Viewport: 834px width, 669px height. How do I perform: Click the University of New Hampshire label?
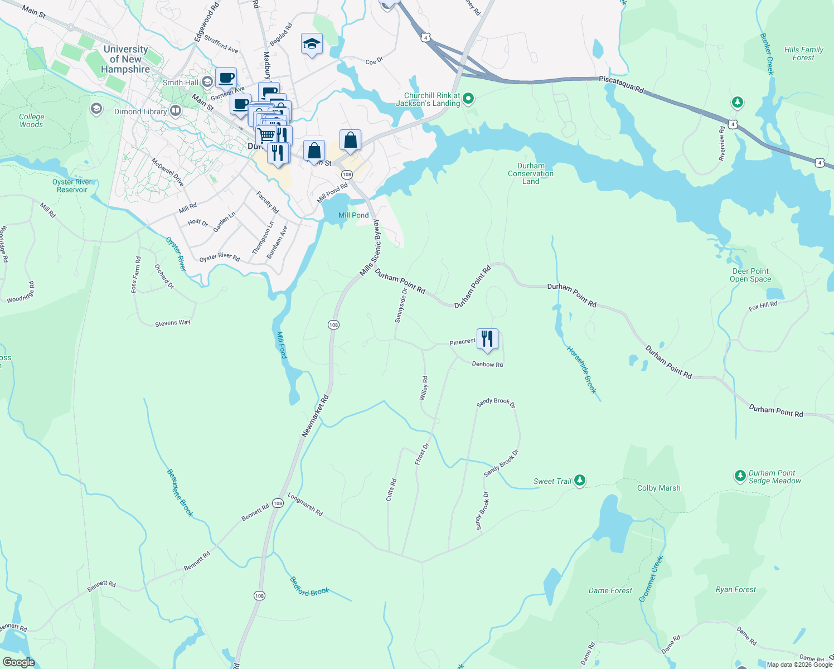click(x=125, y=59)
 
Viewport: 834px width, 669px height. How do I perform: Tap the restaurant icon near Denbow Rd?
click(x=487, y=339)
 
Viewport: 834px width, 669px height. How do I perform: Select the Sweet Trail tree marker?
click(x=580, y=480)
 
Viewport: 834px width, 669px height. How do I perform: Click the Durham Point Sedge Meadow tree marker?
click(x=740, y=476)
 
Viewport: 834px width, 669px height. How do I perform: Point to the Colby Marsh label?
click(x=658, y=488)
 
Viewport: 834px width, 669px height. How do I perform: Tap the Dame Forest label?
click(x=610, y=590)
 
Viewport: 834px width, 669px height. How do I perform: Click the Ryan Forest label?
click(x=735, y=589)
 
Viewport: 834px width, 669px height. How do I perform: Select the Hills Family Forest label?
click(x=803, y=54)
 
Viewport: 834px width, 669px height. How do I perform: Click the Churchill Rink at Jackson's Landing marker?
click(x=468, y=99)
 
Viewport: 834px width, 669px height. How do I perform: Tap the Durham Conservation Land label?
click(x=531, y=173)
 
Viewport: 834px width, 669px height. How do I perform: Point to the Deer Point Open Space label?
click(x=750, y=275)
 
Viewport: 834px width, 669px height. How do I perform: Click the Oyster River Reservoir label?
click(x=72, y=186)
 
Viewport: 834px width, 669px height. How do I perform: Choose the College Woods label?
click(x=31, y=120)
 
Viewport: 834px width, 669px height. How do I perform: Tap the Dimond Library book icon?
click(x=176, y=111)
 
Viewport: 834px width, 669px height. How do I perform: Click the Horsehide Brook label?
click(x=581, y=370)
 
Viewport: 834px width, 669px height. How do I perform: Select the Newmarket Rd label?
click(x=316, y=416)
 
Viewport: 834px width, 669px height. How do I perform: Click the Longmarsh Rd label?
click(x=305, y=504)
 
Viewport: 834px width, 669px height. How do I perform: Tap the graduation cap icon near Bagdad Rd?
click(x=312, y=43)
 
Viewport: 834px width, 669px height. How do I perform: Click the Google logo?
click(x=18, y=662)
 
